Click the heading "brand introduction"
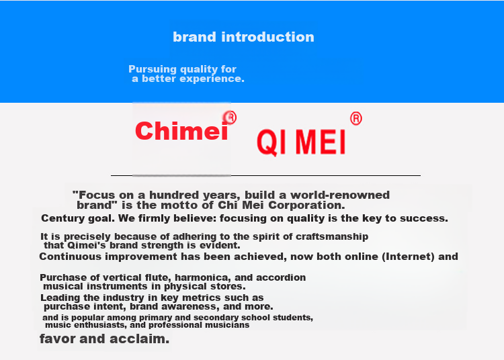[243, 37]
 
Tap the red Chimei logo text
[181, 131]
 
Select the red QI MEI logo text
[301, 142]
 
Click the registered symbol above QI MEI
[355, 118]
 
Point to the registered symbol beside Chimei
[230, 118]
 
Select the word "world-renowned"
[340, 195]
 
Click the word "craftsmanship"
[332, 236]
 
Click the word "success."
[423, 219]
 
